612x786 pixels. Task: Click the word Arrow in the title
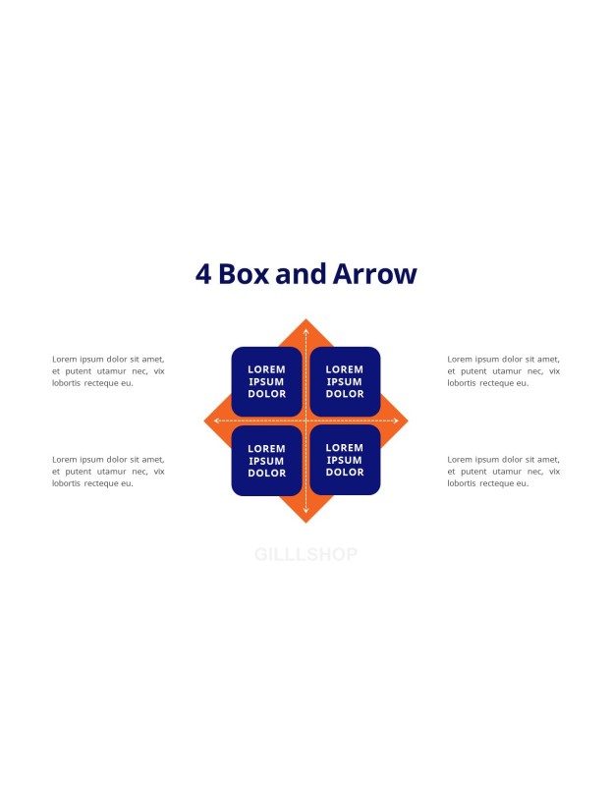point(374,274)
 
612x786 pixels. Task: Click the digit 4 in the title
point(203,274)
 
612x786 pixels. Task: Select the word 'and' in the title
point(301,274)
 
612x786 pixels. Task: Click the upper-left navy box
point(266,381)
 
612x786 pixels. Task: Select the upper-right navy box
point(345,381)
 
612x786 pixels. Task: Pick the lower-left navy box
point(266,461)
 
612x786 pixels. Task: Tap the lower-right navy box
point(345,460)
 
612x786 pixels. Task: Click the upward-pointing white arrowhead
point(306,331)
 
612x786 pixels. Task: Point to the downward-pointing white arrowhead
point(306,511)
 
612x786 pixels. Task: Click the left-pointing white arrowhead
point(216,421)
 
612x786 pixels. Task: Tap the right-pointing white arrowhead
point(396,421)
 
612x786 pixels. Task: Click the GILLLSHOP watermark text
point(306,554)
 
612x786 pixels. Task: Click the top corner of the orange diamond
point(306,318)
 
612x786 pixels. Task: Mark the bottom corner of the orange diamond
point(306,523)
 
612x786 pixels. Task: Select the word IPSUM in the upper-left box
point(266,381)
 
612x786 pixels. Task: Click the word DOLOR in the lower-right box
point(345,473)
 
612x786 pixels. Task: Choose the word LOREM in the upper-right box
point(345,369)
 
